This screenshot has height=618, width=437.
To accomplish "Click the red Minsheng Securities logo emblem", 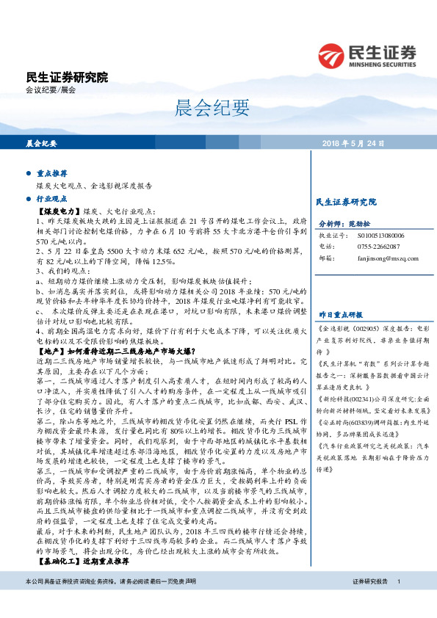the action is tap(331, 56).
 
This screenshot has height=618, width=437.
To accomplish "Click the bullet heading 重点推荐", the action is tap(51, 174).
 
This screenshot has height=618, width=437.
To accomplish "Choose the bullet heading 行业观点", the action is tap(51, 198).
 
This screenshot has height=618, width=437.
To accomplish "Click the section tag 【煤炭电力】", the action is tap(59, 209).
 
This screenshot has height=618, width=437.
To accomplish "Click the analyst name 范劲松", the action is tap(360, 225).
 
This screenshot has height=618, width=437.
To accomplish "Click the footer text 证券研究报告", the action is tap(369, 601).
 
